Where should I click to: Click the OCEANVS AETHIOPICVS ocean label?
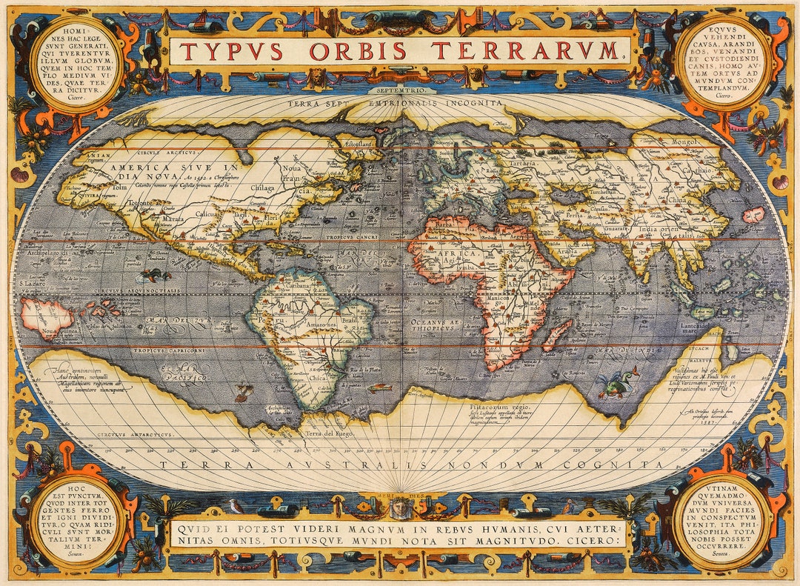[x=434, y=322]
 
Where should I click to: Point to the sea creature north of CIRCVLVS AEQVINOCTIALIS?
[x=156, y=276]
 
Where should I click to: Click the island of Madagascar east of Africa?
[x=558, y=335]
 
